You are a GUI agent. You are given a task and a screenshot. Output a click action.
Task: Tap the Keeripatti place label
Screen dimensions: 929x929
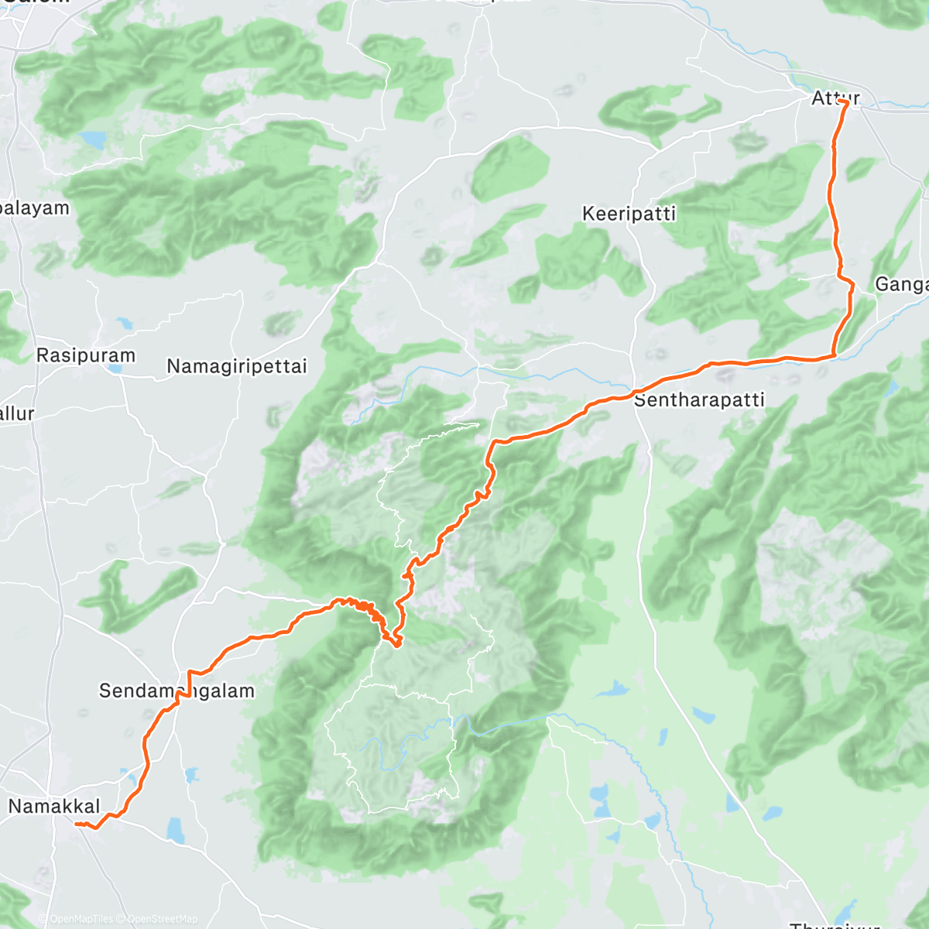(629, 214)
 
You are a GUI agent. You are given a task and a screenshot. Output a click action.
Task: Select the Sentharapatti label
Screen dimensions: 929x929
(699, 400)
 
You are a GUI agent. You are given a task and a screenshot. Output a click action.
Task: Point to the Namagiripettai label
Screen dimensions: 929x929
(237, 366)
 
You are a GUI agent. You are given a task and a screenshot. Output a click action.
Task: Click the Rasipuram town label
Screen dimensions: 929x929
(86, 356)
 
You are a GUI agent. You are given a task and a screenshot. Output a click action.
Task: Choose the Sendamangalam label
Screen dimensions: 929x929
(177, 691)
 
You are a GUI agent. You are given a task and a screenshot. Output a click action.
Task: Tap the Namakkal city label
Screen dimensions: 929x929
(54, 807)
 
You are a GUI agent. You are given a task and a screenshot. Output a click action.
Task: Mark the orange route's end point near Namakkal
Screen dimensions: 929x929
(77, 824)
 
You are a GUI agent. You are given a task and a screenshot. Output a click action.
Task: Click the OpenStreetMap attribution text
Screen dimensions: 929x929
(163, 919)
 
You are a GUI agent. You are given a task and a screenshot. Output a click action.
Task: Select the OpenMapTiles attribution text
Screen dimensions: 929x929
(81, 919)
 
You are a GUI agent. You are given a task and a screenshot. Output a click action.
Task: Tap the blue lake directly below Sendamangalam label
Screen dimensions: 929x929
(191, 773)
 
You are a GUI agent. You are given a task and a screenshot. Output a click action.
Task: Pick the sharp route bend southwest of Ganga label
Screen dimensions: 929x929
(835, 355)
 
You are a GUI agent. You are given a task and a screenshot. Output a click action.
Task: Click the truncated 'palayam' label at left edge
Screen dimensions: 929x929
(34, 208)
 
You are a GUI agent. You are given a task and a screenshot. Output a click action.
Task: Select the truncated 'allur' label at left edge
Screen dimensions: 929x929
(16, 413)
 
